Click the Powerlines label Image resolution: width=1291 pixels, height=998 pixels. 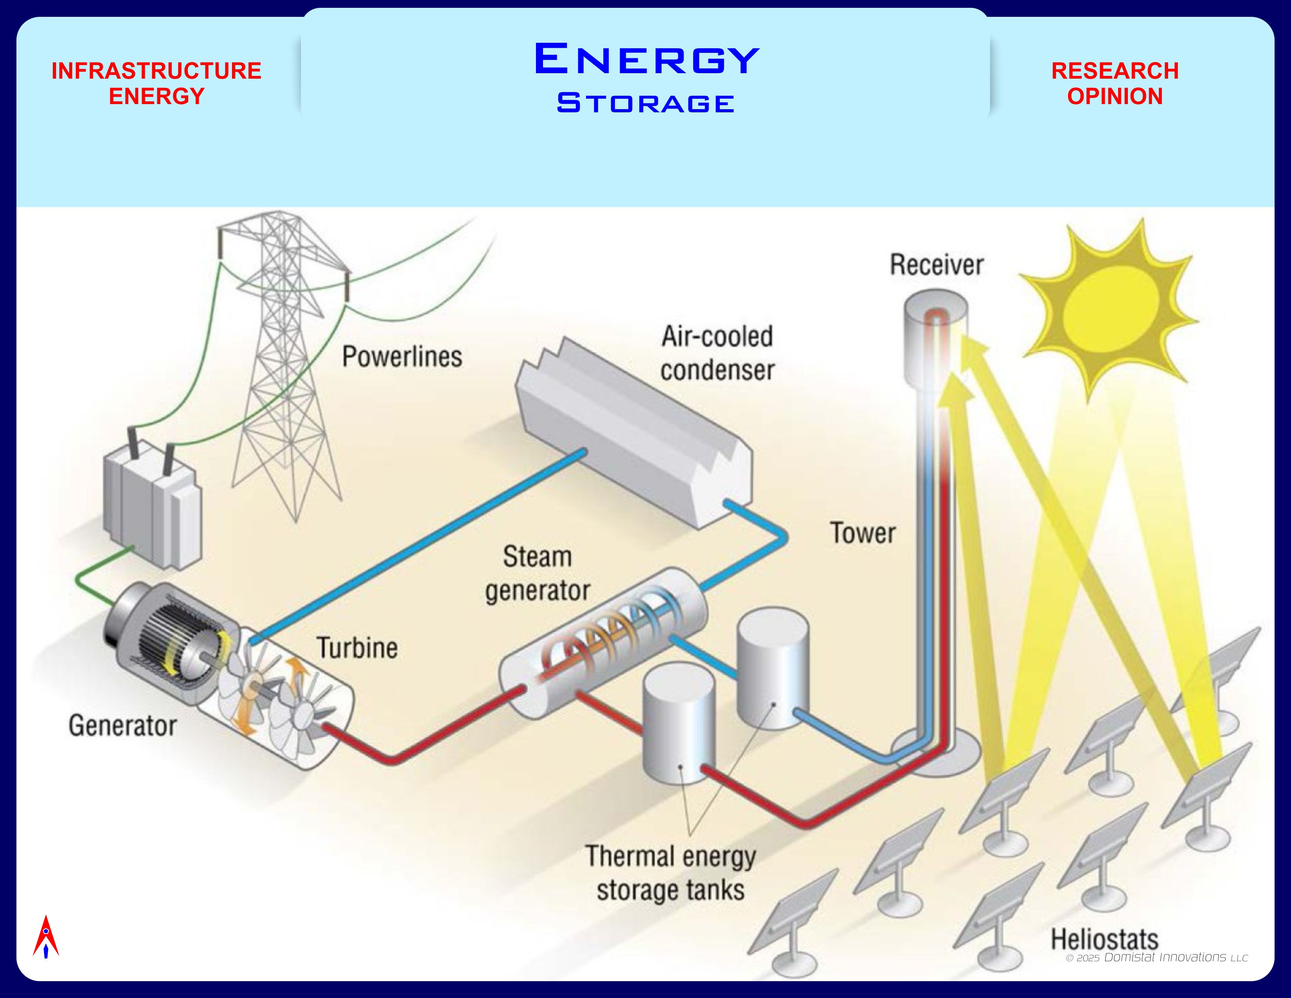click(x=402, y=357)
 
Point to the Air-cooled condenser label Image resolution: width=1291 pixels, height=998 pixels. click(x=717, y=353)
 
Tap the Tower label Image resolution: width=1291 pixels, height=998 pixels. click(x=863, y=533)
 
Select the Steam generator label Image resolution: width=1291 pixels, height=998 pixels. click(x=537, y=573)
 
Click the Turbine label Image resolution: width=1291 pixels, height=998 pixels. click(x=357, y=648)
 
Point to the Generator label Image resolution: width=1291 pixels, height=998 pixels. click(x=122, y=726)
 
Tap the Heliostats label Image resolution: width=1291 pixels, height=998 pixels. click(x=1104, y=939)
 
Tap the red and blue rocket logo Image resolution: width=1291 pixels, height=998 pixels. click(x=45, y=937)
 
